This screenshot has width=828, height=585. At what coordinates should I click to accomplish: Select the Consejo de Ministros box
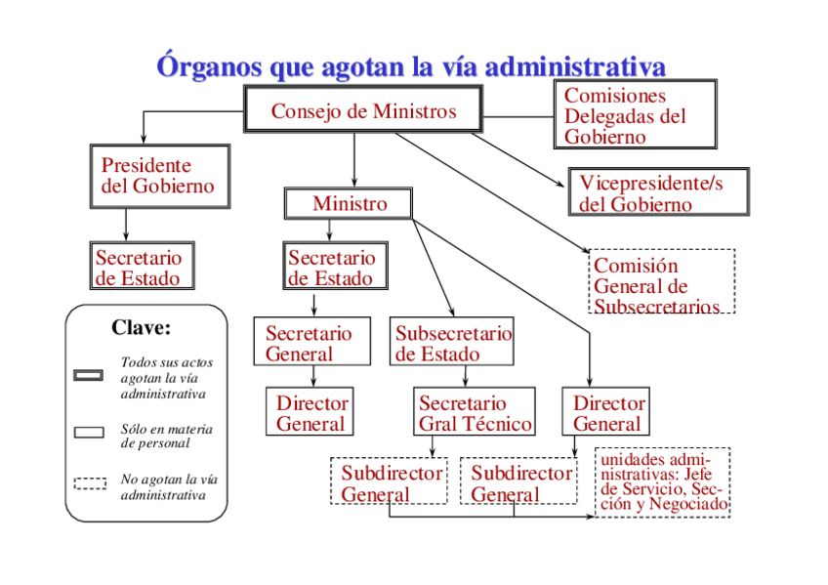coord(363,111)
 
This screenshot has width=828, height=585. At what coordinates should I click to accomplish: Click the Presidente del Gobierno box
coord(159,176)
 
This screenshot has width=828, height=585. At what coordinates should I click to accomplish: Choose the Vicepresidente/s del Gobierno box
coord(659,192)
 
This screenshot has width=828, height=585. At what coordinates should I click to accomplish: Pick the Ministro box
coord(349,203)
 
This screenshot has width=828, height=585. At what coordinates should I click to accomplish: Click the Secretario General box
coord(311,343)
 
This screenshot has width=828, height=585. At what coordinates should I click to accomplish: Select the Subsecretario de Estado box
coord(450,343)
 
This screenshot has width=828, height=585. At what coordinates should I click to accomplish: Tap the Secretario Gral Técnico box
coord(475,413)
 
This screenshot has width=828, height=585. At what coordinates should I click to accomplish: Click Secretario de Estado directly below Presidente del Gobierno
coord(138,267)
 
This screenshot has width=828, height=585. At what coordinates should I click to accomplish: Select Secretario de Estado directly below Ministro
coord(330,267)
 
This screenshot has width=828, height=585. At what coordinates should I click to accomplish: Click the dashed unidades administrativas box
coord(663,482)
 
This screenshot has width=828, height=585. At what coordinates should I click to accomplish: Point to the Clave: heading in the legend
coord(141,327)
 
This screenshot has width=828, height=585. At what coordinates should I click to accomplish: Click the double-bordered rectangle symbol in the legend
coord(89,375)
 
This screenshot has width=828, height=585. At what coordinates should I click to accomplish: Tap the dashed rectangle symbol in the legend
coord(89,482)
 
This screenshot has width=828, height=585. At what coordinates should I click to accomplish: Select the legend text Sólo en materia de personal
coord(166,436)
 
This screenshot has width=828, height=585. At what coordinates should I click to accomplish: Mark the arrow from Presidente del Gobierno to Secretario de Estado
coord(126,226)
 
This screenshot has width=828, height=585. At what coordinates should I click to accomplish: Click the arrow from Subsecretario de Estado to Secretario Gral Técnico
coord(466,376)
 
